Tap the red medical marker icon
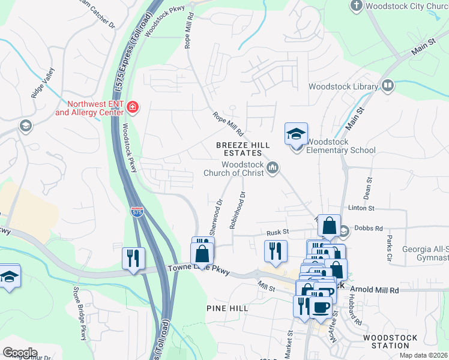point(133,108)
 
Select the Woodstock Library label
point(344,87)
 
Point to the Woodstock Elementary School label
point(341,146)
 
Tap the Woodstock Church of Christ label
point(243,169)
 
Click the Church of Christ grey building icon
point(273,167)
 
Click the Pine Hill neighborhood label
point(227,308)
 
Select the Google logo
point(20,352)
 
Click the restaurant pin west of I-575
point(131,259)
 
